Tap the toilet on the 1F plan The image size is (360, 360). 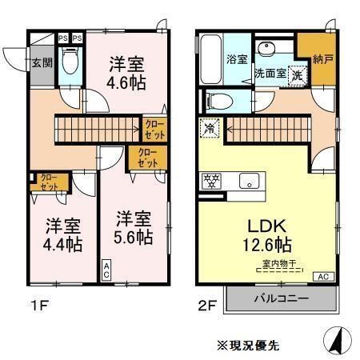[70, 62]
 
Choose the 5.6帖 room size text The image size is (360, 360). [133, 237]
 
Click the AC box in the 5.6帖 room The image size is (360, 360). [106, 272]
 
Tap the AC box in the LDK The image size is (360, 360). [324, 277]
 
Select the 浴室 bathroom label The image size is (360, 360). [237, 59]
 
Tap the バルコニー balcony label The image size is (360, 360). [280, 300]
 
